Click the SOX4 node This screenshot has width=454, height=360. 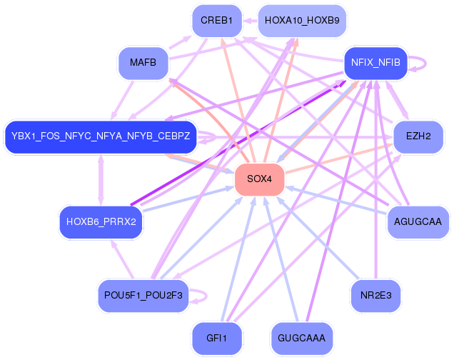(x=259, y=179)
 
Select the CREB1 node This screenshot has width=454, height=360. (x=216, y=21)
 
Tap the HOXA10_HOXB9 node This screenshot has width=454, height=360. (x=291, y=21)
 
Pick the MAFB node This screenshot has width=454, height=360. (x=143, y=63)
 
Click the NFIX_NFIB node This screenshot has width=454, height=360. (x=375, y=63)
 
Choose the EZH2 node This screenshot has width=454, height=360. (x=418, y=136)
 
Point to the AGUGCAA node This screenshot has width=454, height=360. (x=418, y=222)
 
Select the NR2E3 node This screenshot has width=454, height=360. (x=375, y=295)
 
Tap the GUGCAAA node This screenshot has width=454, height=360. (x=302, y=337)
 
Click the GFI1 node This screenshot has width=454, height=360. (x=216, y=337)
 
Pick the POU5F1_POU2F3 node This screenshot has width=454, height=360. (x=143, y=295)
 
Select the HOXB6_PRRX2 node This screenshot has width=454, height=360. (x=101, y=222)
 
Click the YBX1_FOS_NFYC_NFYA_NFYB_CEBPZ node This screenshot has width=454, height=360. (x=101, y=136)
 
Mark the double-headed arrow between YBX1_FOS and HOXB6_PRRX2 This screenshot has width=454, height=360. (x=101, y=179)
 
